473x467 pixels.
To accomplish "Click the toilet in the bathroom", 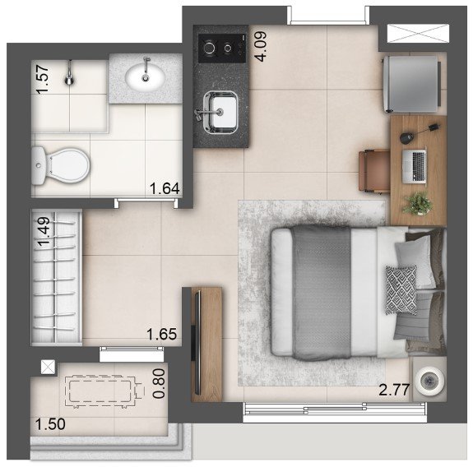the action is tap(60, 165).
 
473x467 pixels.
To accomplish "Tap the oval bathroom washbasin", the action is tap(145, 78).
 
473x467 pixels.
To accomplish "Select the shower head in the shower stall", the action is tap(70, 74).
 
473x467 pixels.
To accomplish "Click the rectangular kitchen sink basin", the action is tap(220, 113).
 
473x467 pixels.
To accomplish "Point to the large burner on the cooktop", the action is tap(209, 48).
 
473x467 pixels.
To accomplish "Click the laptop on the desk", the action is tap(414, 167).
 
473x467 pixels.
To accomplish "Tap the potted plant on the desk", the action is tap(418, 204).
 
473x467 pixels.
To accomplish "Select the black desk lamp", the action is tap(418, 133).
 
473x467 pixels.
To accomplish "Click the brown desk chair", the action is tap(374, 171).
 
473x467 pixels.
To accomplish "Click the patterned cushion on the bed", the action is tap(401, 290).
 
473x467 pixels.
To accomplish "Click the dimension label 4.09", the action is tap(262, 46).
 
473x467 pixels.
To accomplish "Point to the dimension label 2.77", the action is tap(394, 391).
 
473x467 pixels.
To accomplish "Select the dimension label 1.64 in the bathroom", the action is tap(165, 189).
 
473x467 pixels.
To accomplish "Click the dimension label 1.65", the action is tap(162, 335).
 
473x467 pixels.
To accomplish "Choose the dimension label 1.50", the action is tap(50, 424).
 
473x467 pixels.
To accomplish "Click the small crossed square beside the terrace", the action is tap(48, 368).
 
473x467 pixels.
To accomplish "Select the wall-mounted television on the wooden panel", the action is tap(197, 343).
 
